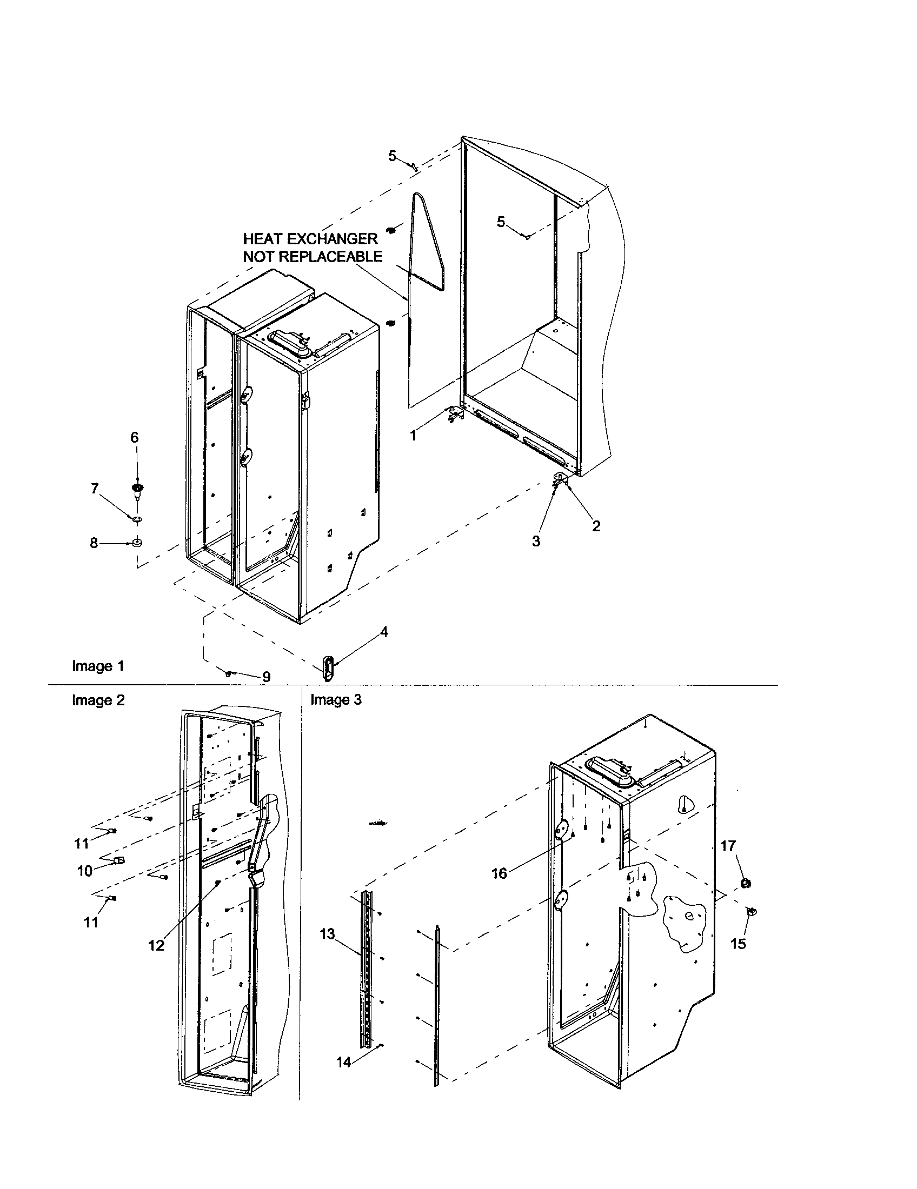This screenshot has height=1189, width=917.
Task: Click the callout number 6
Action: coord(135,437)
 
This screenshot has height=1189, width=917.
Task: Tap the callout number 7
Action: coord(95,489)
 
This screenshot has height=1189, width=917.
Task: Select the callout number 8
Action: coord(94,543)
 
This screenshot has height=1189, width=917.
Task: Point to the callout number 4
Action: coord(384,632)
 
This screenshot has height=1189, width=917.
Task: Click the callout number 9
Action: coord(266,677)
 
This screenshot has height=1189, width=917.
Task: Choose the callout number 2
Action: coord(596,526)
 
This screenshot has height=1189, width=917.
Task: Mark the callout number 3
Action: coord(536,541)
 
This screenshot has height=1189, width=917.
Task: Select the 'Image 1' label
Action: coord(98,666)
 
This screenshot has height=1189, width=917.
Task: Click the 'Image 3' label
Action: coord(335,699)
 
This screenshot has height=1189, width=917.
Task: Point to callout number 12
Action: coord(156,946)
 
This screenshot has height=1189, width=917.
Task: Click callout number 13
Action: coord(328,934)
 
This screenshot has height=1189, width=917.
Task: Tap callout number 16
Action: coord(499,873)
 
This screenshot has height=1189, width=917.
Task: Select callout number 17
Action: coord(728,845)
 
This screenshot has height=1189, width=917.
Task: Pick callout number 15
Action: coord(738,944)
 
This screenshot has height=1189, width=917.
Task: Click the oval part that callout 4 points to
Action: coord(328,667)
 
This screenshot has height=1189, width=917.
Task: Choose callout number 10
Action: coord(85,871)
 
